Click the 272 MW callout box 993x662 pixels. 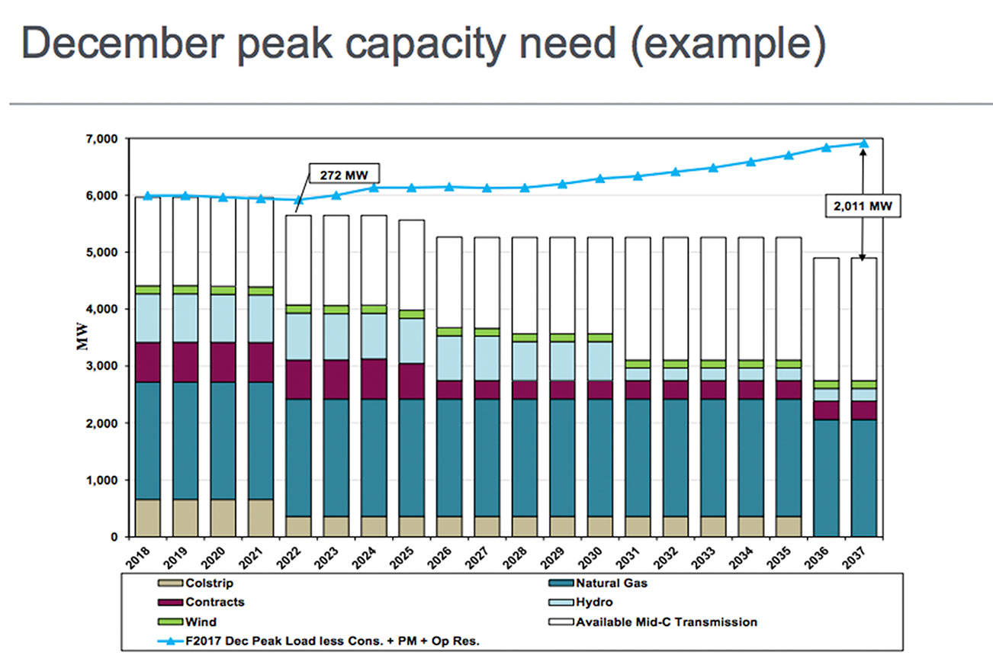point(343,173)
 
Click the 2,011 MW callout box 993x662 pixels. point(863,205)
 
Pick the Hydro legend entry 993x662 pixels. point(593,602)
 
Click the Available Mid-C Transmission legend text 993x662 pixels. point(667,622)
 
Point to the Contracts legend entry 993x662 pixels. point(214,602)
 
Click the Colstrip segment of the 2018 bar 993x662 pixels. point(147,518)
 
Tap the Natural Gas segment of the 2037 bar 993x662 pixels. point(863,478)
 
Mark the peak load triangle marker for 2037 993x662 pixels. point(863,143)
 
